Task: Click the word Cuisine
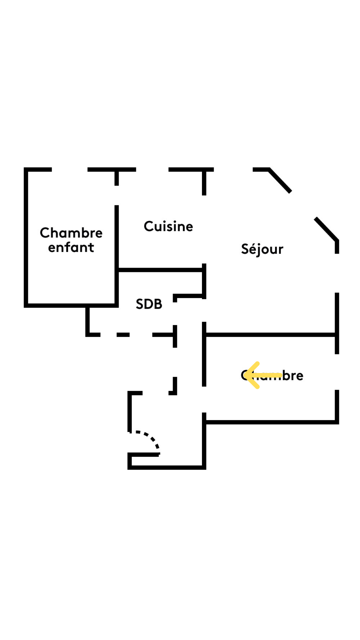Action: (x=168, y=226)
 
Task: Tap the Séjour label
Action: (x=262, y=249)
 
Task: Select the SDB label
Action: (x=149, y=304)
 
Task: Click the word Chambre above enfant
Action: (x=71, y=233)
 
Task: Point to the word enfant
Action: (x=71, y=247)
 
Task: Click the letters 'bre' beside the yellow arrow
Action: (x=293, y=376)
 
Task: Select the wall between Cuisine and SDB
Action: (x=160, y=270)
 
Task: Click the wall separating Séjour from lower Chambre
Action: (x=270, y=335)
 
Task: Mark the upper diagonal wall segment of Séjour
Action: (x=280, y=180)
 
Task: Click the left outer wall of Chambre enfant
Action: (x=26, y=237)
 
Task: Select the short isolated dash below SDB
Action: (x=123, y=335)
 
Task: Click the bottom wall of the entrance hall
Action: (x=167, y=467)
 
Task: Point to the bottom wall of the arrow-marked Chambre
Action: (x=270, y=422)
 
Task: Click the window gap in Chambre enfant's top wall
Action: (x=69, y=170)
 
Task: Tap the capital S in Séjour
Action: (x=245, y=249)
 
